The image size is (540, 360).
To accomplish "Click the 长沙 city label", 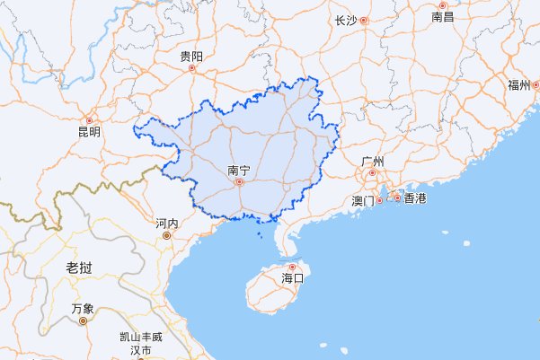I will [x=345, y=20].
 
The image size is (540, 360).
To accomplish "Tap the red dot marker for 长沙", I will [x=364, y=20].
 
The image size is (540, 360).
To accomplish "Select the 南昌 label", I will [x=443, y=16].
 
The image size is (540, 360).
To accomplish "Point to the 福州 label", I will [x=518, y=85].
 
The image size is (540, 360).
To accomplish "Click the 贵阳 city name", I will [x=191, y=57].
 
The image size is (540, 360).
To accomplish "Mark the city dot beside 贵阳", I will [x=190, y=68].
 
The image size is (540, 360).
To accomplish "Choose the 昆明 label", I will [x=89, y=132].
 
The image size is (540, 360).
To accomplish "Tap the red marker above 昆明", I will [x=88, y=120].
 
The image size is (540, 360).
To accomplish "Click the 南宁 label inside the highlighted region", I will [x=239, y=169].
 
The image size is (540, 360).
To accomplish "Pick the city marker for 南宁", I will [x=239, y=181].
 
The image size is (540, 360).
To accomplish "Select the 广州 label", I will [x=372, y=162].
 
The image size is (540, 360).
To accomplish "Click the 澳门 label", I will [x=364, y=200].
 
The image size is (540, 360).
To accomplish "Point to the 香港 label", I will [x=414, y=198].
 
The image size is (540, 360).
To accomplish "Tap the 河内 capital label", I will [x=166, y=223].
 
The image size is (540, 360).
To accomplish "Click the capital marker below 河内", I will [x=166, y=235].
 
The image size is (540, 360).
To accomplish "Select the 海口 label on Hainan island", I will [x=293, y=278].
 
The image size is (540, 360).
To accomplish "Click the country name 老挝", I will [x=79, y=269].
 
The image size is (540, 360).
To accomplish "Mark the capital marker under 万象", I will [x=83, y=320].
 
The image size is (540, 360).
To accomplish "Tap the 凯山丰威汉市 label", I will [x=141, y=343].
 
